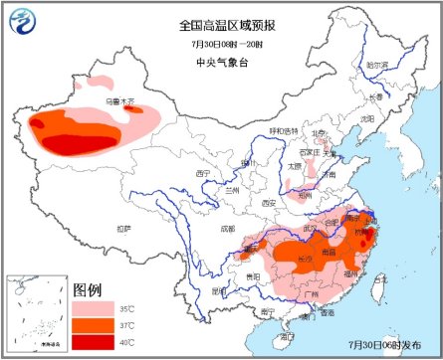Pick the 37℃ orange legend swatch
(x=93, y=326)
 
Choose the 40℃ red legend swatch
(x=93, y=343)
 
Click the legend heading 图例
(x=88, y=289)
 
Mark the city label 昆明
(x=218, y=290)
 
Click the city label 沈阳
(x=368, y=117)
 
